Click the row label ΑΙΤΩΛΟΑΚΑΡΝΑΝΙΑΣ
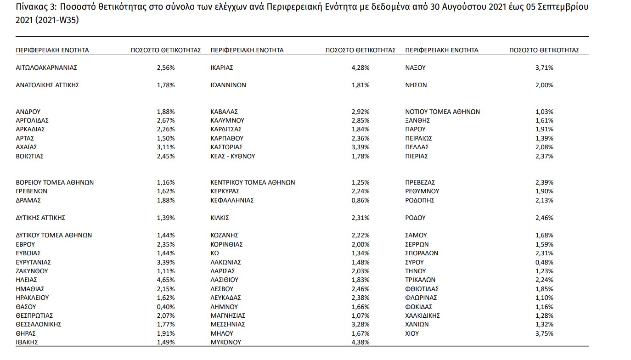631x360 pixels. (x=46, y=67)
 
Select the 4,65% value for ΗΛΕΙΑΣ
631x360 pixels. (x=166, y=280)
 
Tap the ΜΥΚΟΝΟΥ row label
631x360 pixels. (x=225, y=342)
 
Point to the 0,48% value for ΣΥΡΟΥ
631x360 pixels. (x=544, y=262)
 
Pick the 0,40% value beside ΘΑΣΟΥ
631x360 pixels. (x=166, y=306)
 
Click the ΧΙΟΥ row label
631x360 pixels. (x=412, y=333)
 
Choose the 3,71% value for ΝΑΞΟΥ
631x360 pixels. (x=544, y=67)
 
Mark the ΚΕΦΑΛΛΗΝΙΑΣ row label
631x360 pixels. (x=232, y=200)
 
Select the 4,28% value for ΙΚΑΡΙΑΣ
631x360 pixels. (x=360, y=67)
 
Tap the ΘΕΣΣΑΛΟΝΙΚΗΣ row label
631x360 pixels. (x=39, y=324)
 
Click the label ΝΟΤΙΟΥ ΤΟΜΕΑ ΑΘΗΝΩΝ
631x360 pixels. (x=442, y=112)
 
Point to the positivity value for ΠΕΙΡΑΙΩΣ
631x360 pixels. (x=544, y=138)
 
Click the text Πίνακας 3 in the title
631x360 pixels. (x=33, y=8)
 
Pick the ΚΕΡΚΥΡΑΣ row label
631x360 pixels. (x=225, y=191)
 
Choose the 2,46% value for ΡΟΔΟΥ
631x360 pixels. (x=544, y=218)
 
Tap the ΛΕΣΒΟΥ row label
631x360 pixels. (x=222, y=289)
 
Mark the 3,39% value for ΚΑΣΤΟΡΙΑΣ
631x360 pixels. (x=360, y=147)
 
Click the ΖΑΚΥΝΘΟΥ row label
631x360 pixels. (x=32, y=271)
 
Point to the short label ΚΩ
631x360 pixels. (x=214, y=253)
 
